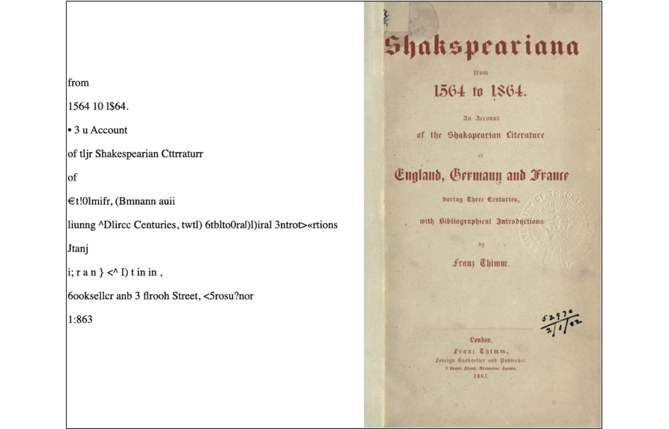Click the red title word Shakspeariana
click(481, 47)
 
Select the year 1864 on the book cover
click(508, 93)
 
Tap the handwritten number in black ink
click(560, 321)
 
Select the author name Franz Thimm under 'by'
click(481, 264)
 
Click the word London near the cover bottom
click(481, 340)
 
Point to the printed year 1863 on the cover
click(481, 376)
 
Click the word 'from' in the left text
click(78, 83)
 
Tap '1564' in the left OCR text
click(77, 106)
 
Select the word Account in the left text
click(109, 130)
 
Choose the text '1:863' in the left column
click(80, 320)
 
